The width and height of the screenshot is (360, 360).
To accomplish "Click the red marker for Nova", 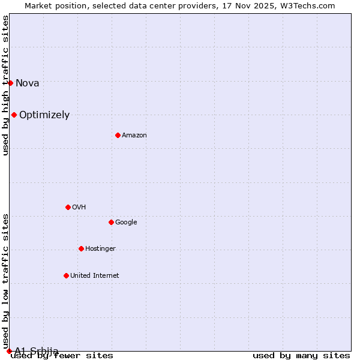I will [10, 83].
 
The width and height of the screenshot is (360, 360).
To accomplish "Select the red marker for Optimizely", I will [14, 115].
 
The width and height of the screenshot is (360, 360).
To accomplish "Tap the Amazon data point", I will [118, 135].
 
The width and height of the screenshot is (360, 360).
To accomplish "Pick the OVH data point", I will [68, 207].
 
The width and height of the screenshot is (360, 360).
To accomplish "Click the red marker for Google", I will [111, 222].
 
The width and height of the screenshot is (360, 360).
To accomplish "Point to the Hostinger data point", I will [81, 248].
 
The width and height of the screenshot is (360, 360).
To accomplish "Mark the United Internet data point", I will [66, 275].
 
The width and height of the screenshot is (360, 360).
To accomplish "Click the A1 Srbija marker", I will [9, 351].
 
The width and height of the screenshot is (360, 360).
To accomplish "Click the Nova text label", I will [27, 83].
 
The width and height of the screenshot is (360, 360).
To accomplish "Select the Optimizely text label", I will [44, 115].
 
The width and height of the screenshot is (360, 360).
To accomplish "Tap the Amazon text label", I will [134, 135].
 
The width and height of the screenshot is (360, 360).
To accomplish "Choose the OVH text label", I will [79, 207].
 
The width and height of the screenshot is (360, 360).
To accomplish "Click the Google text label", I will [126, 222].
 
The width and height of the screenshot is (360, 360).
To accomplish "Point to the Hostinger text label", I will [100, 248].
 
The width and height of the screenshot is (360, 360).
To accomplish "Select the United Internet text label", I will [94, 275].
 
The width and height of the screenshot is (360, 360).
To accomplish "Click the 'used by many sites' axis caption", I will [301, 355].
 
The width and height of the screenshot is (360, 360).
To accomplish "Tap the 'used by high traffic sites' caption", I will [6, 85].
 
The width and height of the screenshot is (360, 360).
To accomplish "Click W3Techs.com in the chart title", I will [310, 6].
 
